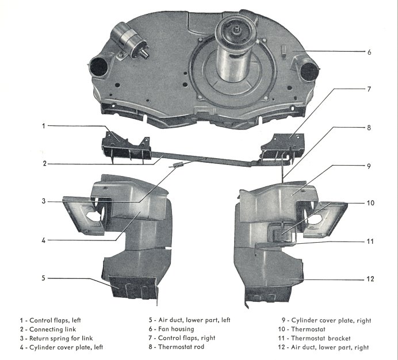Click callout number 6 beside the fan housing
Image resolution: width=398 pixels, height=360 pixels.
pyautogui.click(x=369, y=52)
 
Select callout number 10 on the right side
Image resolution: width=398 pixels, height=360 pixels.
pyautogui.click(x=370, y=203)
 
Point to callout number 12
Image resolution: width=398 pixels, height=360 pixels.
pyautogui.click(x=370, y=279)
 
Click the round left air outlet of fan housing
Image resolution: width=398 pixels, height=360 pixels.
pyautogui.click(x=98, y=68)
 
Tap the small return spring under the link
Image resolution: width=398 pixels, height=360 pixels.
pyautogui.click(x=176, y=165)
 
